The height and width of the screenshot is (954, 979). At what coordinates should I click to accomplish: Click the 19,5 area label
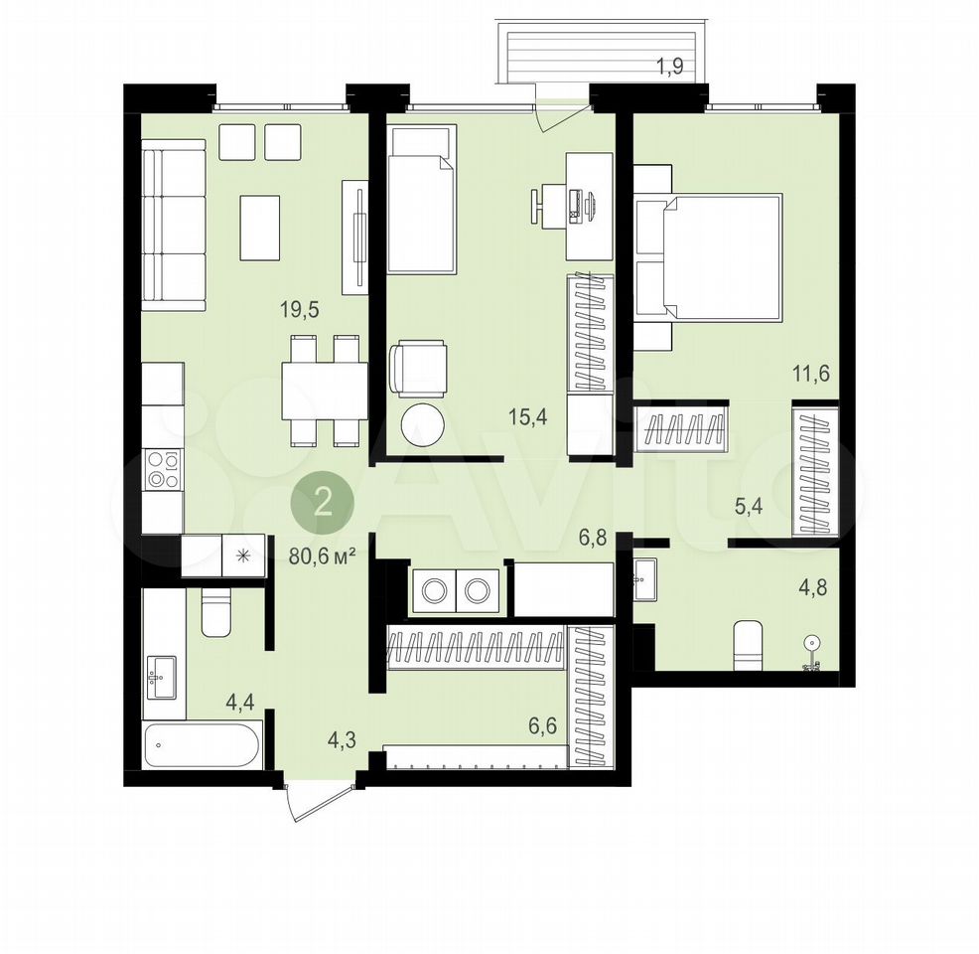[300, 309]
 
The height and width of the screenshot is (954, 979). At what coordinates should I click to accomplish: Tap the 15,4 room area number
[527, 416]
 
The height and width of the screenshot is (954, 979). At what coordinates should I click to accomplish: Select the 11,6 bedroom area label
[811, 374]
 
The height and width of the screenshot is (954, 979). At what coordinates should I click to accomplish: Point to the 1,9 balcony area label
[670, 67]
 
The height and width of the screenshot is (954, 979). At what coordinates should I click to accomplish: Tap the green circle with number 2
[323, 503]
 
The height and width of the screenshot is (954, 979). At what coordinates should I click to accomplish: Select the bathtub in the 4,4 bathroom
[203, 745]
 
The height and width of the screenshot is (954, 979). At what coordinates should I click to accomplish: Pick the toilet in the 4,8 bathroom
[748, 645]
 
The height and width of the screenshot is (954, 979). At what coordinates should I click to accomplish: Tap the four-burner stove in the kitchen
[163, 470]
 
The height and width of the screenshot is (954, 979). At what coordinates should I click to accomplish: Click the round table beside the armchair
[423, 425]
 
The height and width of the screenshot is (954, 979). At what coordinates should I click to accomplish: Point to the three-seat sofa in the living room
[174, 225]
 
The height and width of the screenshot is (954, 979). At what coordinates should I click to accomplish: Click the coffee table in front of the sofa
[260, 228]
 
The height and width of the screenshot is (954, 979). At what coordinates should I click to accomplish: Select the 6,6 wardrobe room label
[542, 726]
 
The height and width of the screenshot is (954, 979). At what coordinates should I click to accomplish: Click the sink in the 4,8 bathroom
[644, 578]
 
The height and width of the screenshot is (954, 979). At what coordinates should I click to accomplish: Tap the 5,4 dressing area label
[749, 506]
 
